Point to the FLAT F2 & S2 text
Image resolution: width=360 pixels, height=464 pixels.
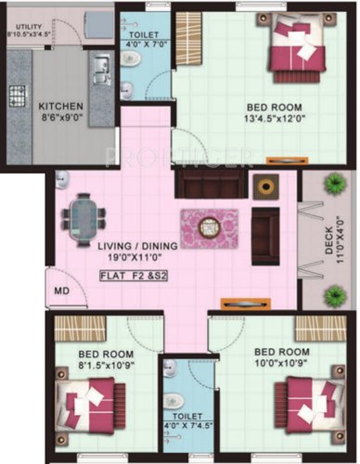[134, 276]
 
